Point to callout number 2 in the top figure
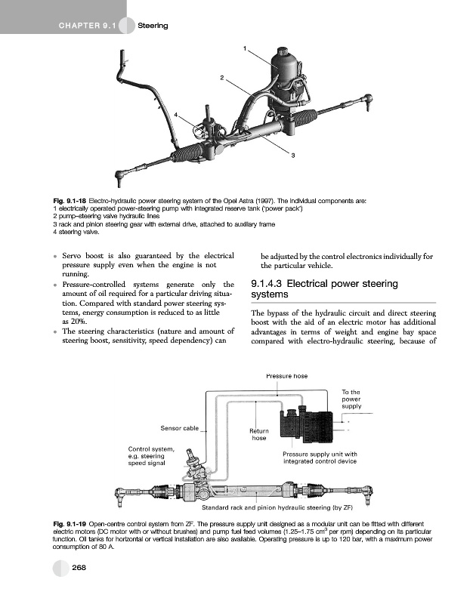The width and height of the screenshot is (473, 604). point(222,78)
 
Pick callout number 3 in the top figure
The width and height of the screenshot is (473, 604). point(292,156)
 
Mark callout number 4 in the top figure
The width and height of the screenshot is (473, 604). point(176,114)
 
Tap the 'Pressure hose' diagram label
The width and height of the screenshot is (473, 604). point(287,376)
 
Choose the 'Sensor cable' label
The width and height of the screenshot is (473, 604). point(179,428)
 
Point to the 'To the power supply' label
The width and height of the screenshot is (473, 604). point(351,399)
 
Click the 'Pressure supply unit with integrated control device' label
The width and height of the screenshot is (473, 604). point(319,458)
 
